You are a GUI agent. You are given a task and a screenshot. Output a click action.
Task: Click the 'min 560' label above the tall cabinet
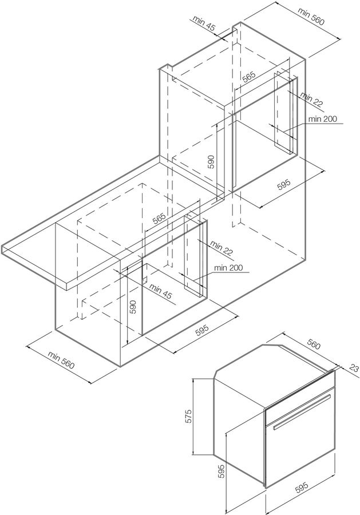pos(311,18)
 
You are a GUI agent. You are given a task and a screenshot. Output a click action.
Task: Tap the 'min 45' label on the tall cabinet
pos(203,23)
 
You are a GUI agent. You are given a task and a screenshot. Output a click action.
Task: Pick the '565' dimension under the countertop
pos(159,217)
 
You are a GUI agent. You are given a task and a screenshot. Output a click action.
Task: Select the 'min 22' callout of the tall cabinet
pos(311,100)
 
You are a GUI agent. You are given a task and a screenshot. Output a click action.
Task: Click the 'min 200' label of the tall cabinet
pos(322,119)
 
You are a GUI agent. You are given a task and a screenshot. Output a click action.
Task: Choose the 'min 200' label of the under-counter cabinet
pos(228,267)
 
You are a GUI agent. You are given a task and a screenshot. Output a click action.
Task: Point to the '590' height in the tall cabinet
pos(211,162)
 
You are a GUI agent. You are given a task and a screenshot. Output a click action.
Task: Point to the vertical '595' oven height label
pos(221,471)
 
